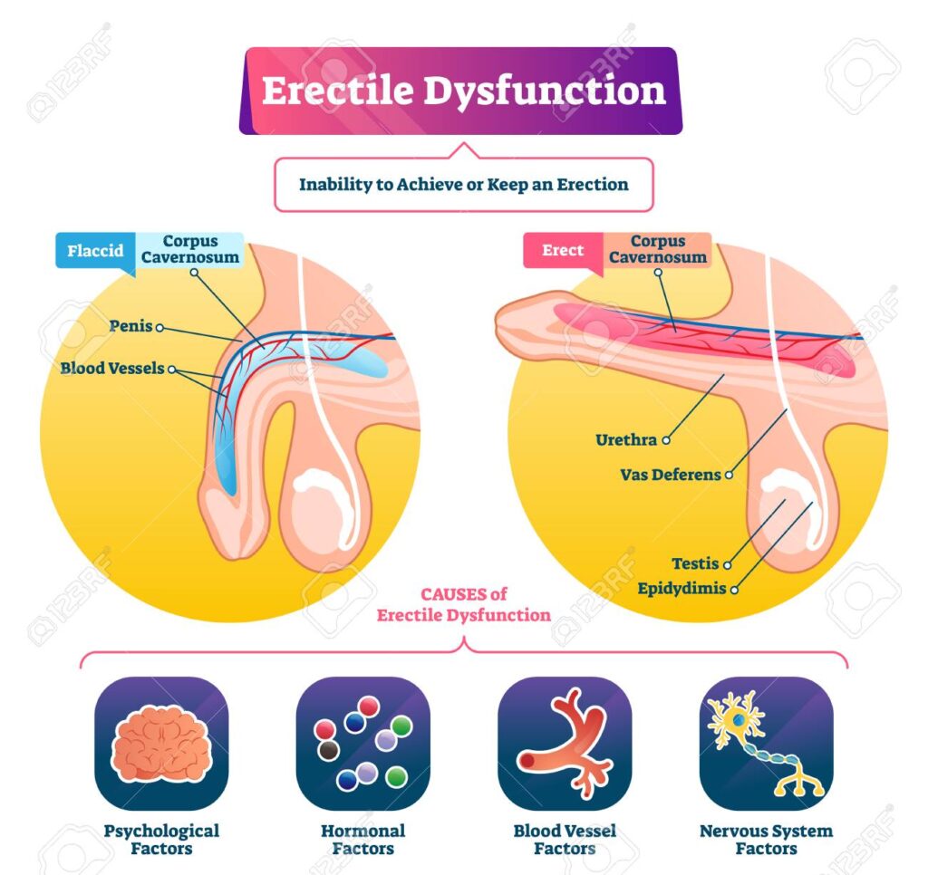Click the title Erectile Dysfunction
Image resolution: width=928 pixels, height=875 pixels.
click(463, 91)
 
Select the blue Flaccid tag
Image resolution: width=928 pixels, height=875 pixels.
click(95, 250)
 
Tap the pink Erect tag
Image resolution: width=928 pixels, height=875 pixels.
click(562, 250)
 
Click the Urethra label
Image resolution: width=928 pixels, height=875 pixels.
click(624, 440)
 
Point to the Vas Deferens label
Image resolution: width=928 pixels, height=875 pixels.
click(670, 474)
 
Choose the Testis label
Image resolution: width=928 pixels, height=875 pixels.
click(695, 563)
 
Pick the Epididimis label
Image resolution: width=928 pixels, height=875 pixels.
click(681, 588)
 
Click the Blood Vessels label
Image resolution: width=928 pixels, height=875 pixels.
click(112, 369)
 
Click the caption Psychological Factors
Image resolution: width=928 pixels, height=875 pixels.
click(161, 840)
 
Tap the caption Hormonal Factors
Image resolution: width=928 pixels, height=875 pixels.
click(362, 840)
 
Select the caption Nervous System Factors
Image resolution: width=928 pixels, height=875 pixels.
click(766, 840)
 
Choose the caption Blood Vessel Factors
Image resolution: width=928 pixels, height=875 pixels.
click(565, 840)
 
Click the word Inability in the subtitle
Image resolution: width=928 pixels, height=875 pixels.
click(333, 184)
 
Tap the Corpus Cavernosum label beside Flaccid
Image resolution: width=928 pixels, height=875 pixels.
click(190, 249)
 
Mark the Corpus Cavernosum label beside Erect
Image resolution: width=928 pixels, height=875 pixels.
click(658, 249)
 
